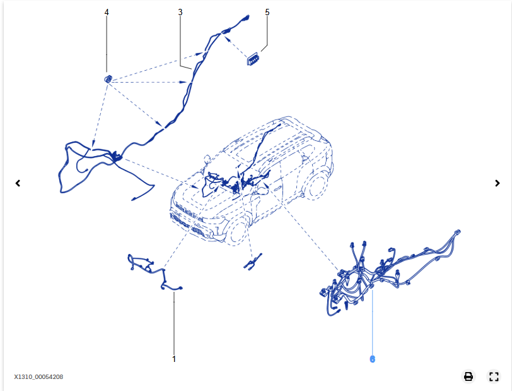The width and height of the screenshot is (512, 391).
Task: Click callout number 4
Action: pos(107,12)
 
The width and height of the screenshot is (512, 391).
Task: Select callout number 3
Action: pos(180,12)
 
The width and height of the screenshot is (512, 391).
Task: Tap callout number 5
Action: pos(267,12)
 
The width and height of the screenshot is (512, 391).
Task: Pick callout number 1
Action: pos(174,359)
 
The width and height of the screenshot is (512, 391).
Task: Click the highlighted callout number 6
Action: pos(373,359)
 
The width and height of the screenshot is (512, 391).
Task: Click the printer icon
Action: pos(468,376)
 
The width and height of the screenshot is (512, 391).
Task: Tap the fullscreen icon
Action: pos(494,376)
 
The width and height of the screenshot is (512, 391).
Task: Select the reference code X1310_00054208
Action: pos(38,377)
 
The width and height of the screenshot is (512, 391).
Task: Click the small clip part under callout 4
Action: pos(108,78)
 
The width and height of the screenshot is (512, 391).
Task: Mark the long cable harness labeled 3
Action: pos(189,88)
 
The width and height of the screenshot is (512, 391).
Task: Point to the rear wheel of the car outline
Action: pos(316,184)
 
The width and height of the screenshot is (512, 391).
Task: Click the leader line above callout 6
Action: pos(373,322)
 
